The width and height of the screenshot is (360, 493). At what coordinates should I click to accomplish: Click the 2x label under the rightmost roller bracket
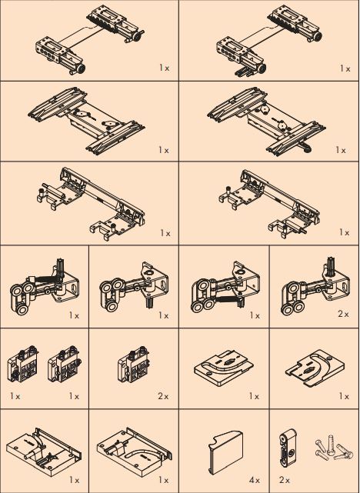(343, 315)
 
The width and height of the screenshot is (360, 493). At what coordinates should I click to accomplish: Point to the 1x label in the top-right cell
(345, 68)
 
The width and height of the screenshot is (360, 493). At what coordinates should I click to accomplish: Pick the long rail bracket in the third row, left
(88, 198)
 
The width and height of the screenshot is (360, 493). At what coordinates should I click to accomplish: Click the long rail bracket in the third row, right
(266, 198)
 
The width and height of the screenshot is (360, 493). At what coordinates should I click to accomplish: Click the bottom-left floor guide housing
(42, 453)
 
